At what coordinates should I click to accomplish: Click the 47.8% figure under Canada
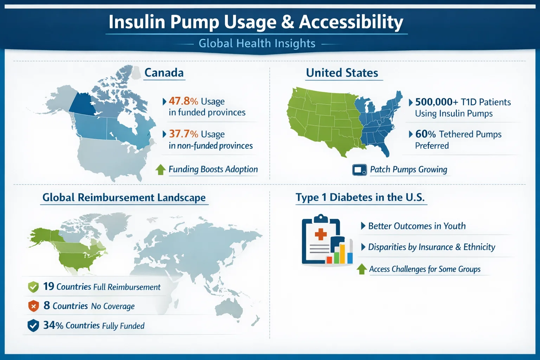[183, 101]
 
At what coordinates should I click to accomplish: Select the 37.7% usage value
[184, 134]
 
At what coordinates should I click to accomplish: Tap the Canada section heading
[164, 73]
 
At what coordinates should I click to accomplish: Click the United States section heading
[342, 73]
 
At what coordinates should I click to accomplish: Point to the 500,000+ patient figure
[436, 102]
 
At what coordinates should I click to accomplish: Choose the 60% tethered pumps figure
[425, 134]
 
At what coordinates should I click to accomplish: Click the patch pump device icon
[359, 170]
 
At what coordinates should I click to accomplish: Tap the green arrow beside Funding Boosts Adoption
[161, 169]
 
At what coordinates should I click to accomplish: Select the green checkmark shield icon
[33, 287]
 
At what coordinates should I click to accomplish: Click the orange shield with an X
[33, 306]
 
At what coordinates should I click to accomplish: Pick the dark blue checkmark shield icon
[33, 326]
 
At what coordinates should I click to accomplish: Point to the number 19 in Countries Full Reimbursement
[49, 287]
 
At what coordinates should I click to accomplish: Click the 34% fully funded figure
[53, 325]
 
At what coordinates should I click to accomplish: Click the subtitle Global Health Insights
[257, 44]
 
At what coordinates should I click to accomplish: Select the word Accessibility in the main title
[351, 22]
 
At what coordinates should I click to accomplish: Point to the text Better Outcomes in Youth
[417, 226]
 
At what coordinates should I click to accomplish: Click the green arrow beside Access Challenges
[362, 269]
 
